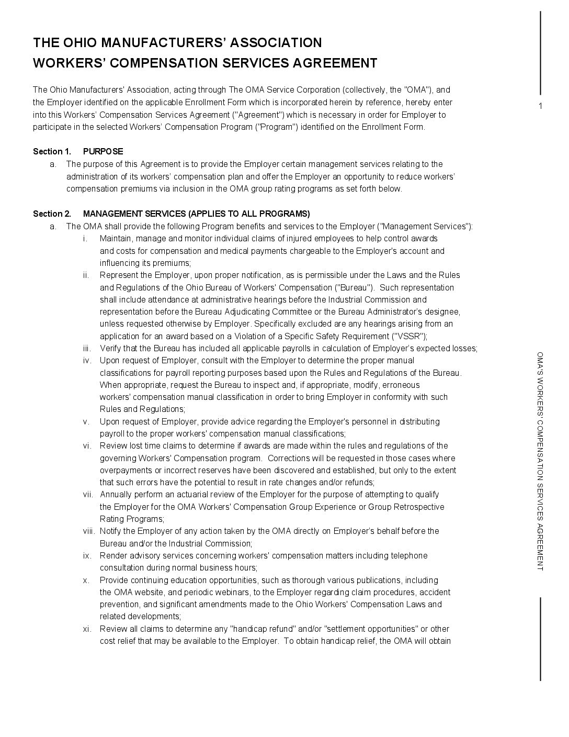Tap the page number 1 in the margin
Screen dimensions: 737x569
540,107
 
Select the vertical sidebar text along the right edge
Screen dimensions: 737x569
540,461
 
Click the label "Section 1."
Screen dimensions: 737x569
52,152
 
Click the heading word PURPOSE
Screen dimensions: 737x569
103,152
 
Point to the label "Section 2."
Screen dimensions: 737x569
52,214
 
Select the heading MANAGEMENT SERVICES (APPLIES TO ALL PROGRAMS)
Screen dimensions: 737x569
196,214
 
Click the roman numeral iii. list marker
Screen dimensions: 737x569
87,349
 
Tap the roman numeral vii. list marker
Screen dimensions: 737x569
87,495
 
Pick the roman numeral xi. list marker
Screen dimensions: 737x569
87,629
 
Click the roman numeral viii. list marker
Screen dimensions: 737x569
88,531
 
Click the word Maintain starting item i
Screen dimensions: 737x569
115,239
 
